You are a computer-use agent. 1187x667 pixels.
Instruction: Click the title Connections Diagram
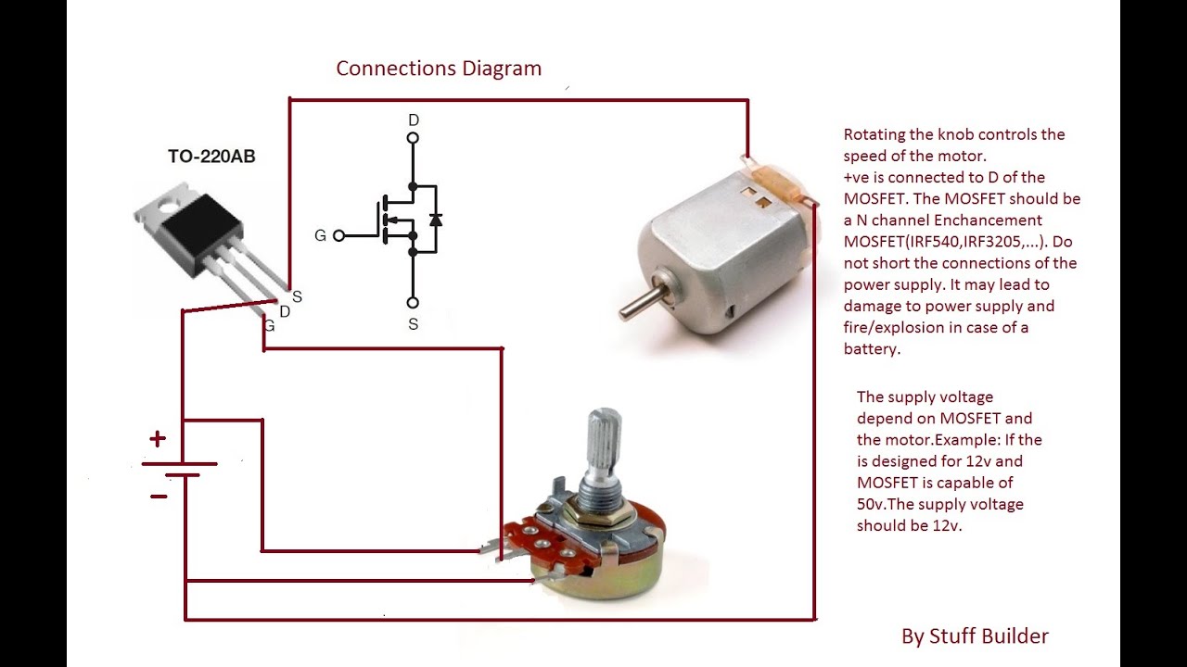pos(439,69)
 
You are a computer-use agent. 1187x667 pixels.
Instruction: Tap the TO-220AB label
pos(211,157)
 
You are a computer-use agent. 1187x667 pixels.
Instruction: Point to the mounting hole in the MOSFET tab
pos(169,206)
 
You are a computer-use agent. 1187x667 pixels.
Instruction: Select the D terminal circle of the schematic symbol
pos(413,138)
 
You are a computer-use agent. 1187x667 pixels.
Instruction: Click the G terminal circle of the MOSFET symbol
pos(338,236)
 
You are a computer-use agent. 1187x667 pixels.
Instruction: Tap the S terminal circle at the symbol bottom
pos(413,303)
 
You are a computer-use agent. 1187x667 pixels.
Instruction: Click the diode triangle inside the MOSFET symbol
pos(436,220)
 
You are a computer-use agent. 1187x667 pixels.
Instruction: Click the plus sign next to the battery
pos(159,438)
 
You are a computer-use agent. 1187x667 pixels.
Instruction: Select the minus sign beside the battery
pos(159,497)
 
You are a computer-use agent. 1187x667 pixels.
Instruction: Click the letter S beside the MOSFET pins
pos(297,297)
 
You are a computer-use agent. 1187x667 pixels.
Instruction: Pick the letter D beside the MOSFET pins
pos(285,312)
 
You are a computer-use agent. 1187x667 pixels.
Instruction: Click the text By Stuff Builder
pos(975,636)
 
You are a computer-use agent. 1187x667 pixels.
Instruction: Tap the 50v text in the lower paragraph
pos(873,505)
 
